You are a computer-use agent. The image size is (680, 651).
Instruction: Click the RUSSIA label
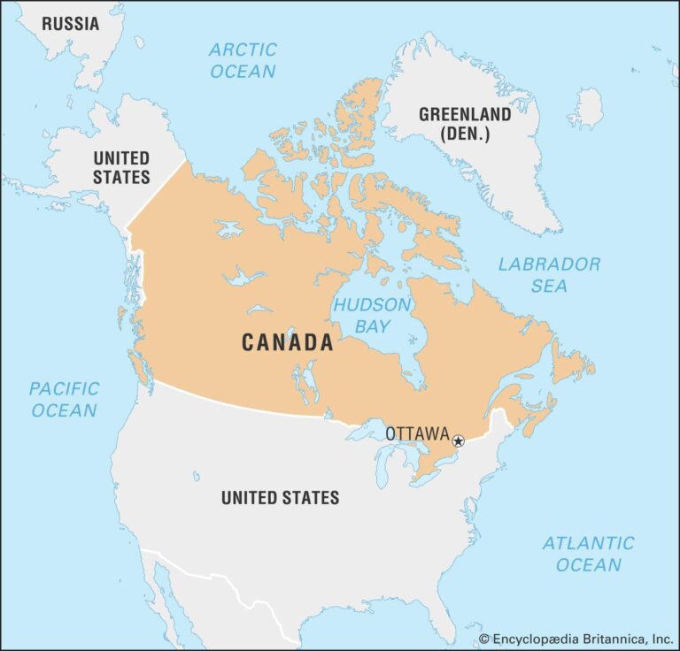pyautogui.click(x=70, y=24)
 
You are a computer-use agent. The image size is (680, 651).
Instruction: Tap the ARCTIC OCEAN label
pyautogui.click(x=243, y=60)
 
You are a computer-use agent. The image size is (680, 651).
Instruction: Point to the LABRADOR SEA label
pyautogui.click(x=549, y=274)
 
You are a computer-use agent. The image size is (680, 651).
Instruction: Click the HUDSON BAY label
pyautogui.click(x=372, y=315)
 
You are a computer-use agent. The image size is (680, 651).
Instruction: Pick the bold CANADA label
pyautogui.click(x=288, y=343)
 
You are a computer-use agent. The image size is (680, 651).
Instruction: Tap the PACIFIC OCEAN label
pyautogui.click(x=63, y=399)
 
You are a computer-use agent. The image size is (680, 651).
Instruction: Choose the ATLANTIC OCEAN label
pyautogui.click(x=588, y=554)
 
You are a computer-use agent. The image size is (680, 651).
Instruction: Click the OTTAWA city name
pyautogui.click(x=417, y=434)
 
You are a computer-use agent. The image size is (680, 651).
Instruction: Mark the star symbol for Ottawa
pyautogui.click(x=458, y=440)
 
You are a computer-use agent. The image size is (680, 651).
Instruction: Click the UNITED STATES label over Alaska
pyautogui.click(x=121, y=167)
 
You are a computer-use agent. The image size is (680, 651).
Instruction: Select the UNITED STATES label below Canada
pyautogui.click(x=280, y=497)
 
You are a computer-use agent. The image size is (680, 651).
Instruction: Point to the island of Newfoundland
pyautogui.click(x=571, y=363)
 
